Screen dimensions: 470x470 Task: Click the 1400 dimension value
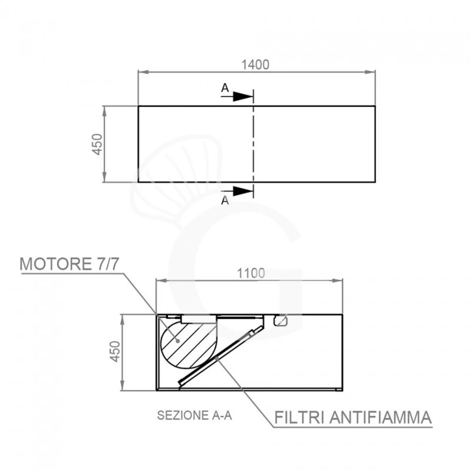pyautogui.click(x=256, y=65)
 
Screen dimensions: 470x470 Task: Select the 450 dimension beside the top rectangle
pyautogui.click(x=97, y=144)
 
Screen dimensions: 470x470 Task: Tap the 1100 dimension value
pyautogui.click(x=251, y=273)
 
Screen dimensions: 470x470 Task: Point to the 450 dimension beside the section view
pyautogui.click(x=115, y=351)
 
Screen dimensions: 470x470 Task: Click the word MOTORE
pyautogui.click(x=55, y=264)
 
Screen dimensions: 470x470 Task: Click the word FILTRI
pyautogui.click(x=299, y=417)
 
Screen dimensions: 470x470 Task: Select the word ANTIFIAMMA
pyautogui.click(x=381, y=417)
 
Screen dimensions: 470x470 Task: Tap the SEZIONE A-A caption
pyautogui.click(x=194, y=415)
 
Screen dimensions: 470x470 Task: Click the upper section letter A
pyautogui.click(x=225, y=88)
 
